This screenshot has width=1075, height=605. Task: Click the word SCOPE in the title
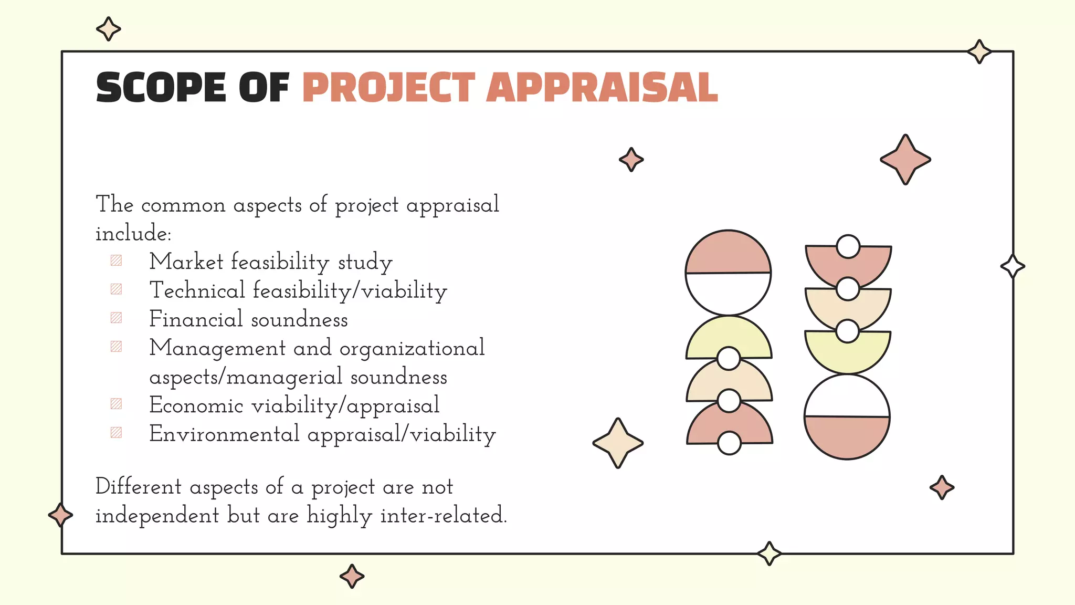161,88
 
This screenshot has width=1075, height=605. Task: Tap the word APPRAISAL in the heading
602,88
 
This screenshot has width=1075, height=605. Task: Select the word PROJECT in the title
388,88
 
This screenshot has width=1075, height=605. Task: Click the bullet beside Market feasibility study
116,260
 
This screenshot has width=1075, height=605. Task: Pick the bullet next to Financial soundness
116,318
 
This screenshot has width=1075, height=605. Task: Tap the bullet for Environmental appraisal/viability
116,432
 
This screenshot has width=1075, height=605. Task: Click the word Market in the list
186,262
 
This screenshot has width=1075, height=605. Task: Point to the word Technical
197,290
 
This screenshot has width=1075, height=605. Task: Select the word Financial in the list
196,319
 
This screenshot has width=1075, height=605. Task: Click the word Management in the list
217,348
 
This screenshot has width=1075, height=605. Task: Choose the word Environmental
224,434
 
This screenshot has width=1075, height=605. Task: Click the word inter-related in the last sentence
443,515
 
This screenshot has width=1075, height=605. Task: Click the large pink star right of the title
905,160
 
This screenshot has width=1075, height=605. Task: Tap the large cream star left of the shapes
618,443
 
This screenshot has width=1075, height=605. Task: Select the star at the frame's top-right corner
979,51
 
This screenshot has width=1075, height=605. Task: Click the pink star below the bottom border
352,576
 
